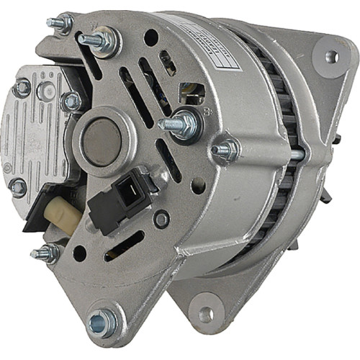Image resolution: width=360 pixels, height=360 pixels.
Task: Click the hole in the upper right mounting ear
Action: point(330,55)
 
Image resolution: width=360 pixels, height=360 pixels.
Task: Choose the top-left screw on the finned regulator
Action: point(22,88)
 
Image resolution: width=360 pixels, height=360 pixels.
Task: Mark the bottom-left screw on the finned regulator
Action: point(18,188)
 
